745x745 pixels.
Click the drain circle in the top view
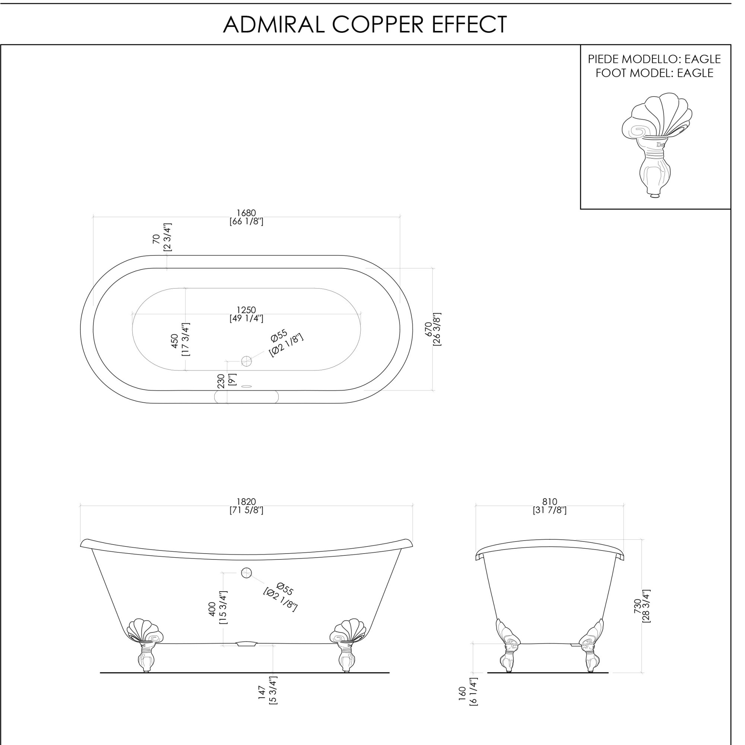[246, 361]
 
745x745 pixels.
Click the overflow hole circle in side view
[246, 573]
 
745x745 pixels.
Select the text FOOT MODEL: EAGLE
[654, 73]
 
